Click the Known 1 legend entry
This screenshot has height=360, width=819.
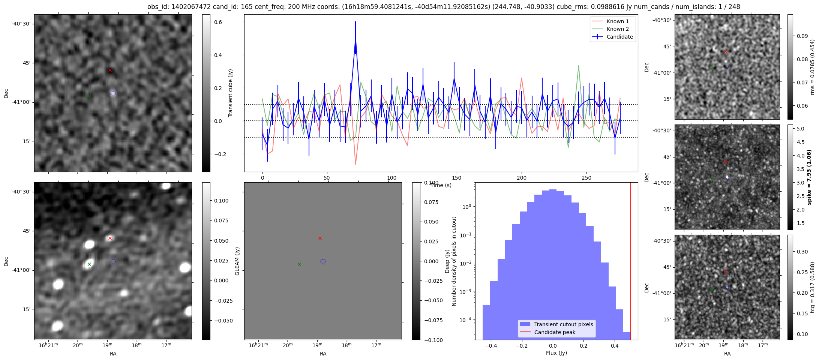(612, 21)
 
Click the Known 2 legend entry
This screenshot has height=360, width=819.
(612, 29)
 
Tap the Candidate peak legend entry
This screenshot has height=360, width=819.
(549, 332)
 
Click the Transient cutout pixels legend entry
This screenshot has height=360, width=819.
(557, 324)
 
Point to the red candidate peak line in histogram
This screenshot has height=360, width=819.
(631, 261)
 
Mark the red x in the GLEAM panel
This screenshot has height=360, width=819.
(320, 238)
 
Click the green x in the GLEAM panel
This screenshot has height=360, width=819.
(299, 264)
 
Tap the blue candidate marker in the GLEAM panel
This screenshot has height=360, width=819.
(323, 262)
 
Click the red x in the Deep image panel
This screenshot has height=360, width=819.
(110, 238)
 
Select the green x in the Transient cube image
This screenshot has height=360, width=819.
(89, 96)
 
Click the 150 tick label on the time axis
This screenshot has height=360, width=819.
(457, 178)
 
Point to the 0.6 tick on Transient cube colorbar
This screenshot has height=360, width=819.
(218, 22)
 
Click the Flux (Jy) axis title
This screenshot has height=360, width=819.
(556, 353)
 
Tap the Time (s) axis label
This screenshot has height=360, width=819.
(441, 185)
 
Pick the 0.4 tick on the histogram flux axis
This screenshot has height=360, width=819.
(615, 345)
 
